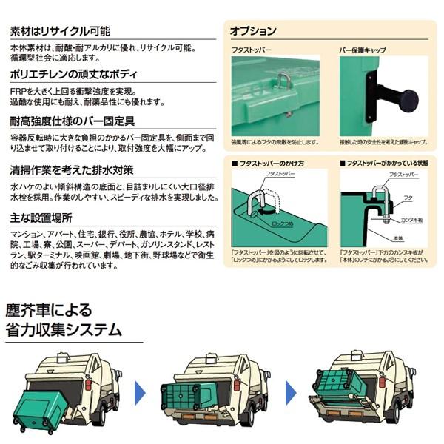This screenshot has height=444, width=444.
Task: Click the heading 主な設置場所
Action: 41,218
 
